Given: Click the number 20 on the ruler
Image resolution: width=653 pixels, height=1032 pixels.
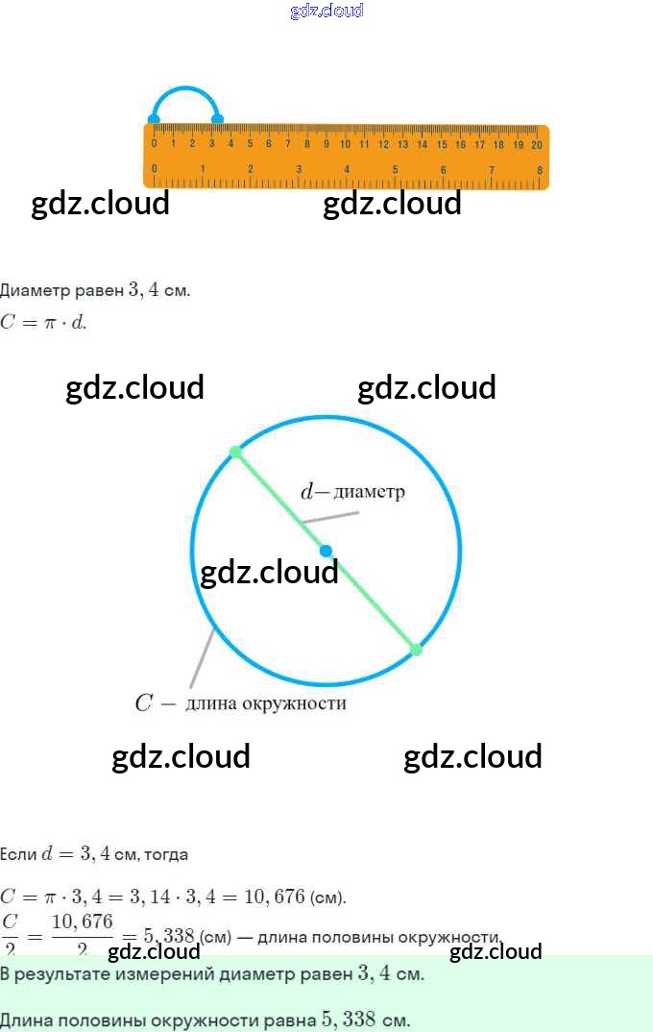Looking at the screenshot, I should [x=536, y=144].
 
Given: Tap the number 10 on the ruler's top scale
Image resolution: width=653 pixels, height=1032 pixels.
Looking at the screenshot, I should [x=345, y=144].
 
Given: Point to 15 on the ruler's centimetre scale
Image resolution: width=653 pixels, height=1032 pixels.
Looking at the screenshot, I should [x=442, y=144].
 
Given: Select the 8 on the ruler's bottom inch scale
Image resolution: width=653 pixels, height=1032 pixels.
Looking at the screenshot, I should [x=540, y=169].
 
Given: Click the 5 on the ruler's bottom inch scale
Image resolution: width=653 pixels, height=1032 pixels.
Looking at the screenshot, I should [x=395, y=169].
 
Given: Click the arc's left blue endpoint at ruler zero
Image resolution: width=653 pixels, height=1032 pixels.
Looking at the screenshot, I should [x=154, y=120].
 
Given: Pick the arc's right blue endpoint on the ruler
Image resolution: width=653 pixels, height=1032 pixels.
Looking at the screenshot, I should [x=218, y=120].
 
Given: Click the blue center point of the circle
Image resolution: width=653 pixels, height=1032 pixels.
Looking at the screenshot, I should [x=326, y=551].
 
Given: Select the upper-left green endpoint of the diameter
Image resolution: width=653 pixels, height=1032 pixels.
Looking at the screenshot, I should [x=235, y=452].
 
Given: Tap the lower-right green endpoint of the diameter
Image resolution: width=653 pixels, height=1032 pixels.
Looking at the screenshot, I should [x=416, y=650].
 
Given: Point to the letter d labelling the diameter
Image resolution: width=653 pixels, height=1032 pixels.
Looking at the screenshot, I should [x=307, y=492].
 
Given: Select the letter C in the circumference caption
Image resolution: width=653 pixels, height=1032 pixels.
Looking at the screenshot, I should [x=143, y=703].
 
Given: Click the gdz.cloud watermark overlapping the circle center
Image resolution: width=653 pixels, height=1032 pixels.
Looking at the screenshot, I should [x=269, y=572].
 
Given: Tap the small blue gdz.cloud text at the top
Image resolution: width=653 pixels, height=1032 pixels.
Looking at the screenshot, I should [x=326, y=11].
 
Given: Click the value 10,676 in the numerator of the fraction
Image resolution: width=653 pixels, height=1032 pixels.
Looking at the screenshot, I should [x=82, y=922].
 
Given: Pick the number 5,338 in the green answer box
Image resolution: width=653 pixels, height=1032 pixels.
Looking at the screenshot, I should [x=346, y=1020].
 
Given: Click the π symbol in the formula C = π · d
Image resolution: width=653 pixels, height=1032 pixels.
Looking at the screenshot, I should [x=44, y=323].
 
